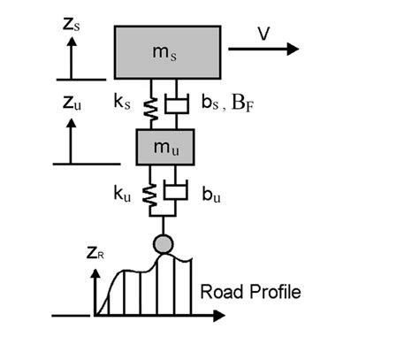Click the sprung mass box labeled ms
point(168,52)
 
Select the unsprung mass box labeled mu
point(165,147)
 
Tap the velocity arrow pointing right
point(263,49)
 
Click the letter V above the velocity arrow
point(264,34)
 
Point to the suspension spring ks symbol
point(151,110)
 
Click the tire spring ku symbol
point(149,195)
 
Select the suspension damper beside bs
point(177,104)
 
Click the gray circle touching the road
point(164,244)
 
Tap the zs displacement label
point(72,25)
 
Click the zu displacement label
point(72,103)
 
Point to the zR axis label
point(95,253)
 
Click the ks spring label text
point(122,102)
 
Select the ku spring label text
point(122,194)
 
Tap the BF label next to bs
point(242,103)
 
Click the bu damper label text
point(211,195)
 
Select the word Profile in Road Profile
point(276,292)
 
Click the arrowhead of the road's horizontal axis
point(219,316)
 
